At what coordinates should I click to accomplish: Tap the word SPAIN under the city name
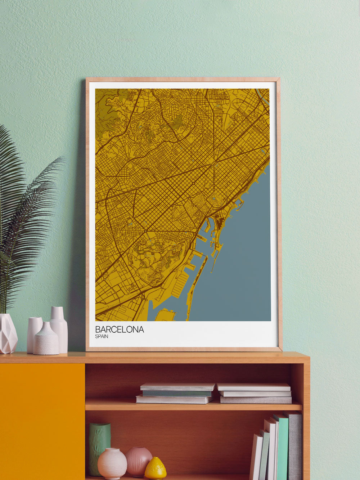(x=102, y=337)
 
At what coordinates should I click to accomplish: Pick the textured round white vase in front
(x=46, y=340)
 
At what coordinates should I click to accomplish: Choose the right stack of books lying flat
(x=255, y=393)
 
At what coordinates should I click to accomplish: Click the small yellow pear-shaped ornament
(x=156, y=469)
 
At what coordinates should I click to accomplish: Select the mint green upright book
(x=282, y=447)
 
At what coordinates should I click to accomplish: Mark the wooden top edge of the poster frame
(x=183, y=79)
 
